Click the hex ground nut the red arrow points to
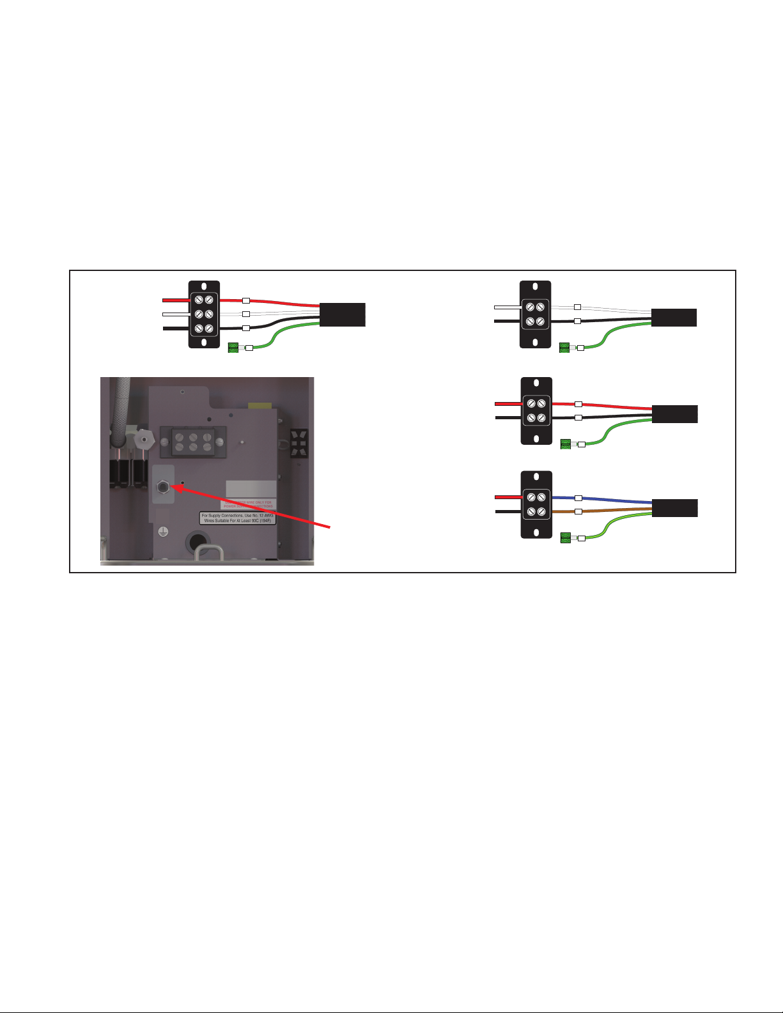coord(163,487)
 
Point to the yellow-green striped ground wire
coord(614,527)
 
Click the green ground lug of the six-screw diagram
coord(233,348)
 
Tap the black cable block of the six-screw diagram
coord(343,315)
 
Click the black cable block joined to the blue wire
coord(675,508)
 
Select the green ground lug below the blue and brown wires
coord(565,538)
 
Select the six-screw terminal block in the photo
coord(192,441)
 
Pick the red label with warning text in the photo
coord(248,504)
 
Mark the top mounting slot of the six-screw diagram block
coord(204,287)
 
